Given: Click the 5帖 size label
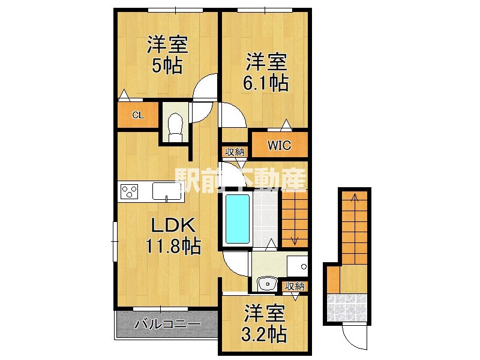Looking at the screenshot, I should click(167, 65).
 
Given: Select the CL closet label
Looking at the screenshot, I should click(137, 115).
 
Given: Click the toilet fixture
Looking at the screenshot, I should click(175, 127).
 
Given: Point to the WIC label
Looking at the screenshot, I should click(279, 145).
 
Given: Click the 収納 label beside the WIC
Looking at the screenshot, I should click(235, 152).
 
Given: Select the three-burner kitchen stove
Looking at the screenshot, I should click(130, 191).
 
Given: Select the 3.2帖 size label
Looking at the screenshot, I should click(265, 331).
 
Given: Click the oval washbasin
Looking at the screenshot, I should click(265, 284).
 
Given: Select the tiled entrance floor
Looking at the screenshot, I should click(347, 306).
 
